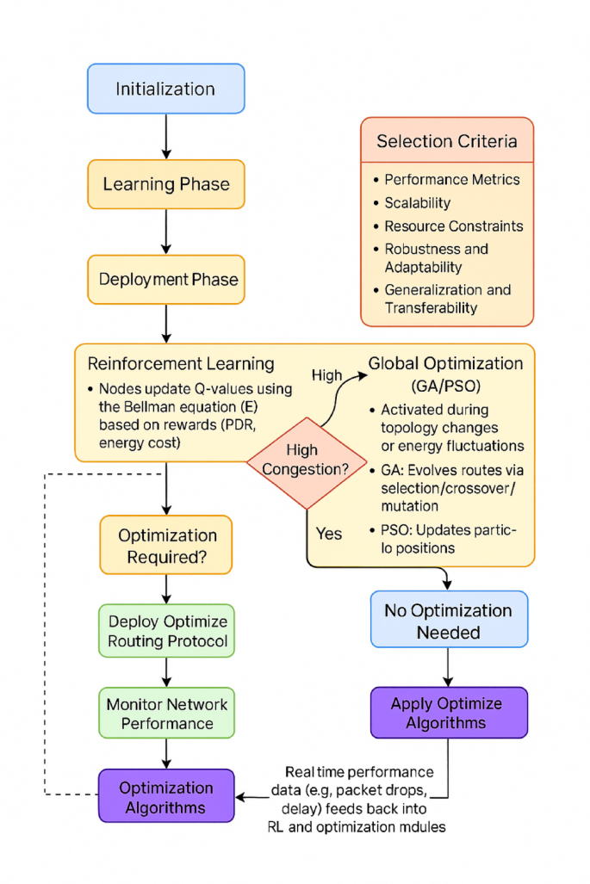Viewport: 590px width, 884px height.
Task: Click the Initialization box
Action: (x=165, y=89)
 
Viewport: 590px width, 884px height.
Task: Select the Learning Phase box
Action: (x=165, y=184)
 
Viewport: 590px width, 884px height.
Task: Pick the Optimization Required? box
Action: (x=166, y=546)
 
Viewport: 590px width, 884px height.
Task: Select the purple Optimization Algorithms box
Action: (x=166, y=796)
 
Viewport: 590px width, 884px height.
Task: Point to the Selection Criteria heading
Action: (x=447, y=141)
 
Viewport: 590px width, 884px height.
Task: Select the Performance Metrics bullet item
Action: (x=451, y=180)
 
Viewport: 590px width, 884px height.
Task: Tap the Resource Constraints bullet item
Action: (x=453, y=226)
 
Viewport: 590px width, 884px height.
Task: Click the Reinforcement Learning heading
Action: (x=175, y=363)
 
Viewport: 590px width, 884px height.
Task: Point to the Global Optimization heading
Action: (x=445, y=362)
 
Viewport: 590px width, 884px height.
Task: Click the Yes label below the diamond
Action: (x=328, y=533)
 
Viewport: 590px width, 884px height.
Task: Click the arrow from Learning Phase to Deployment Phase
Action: (x=165, y=231)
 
